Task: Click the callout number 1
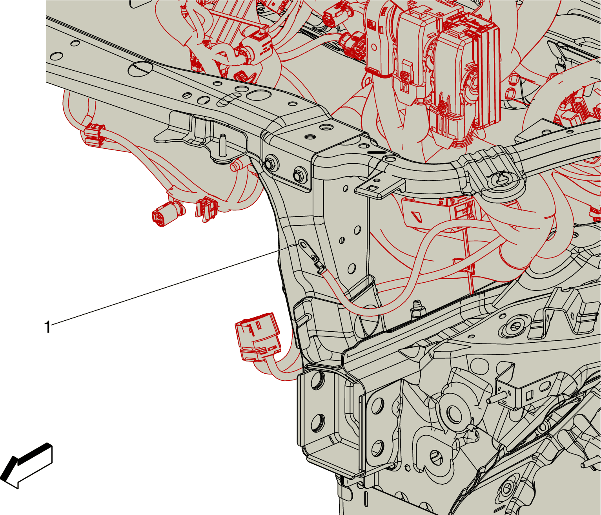(x=47, y=328)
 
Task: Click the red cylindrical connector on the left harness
(x=167, y=214)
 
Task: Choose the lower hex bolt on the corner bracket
(x=300, y=176)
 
